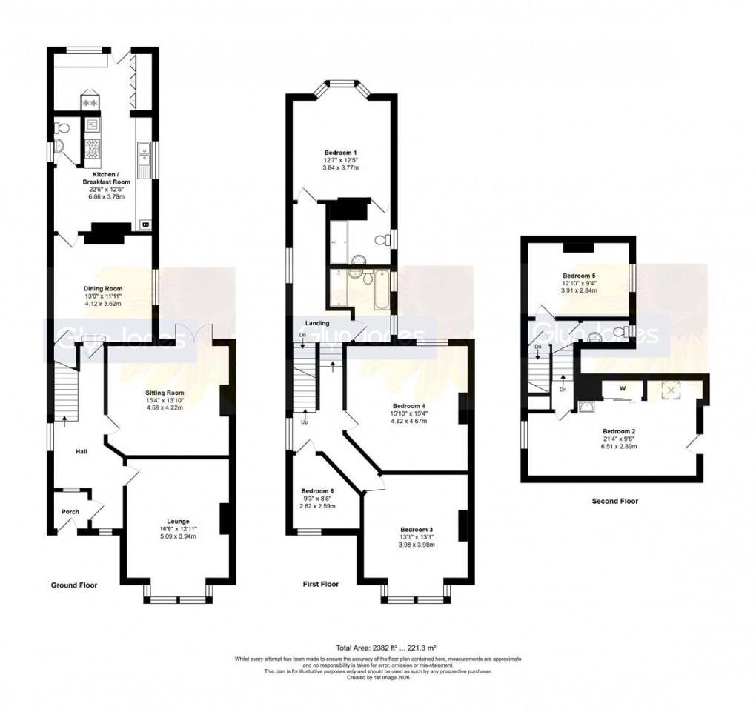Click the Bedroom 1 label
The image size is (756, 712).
tap(340, 152)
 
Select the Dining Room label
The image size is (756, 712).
tap(102, 288)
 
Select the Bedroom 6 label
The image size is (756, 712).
tap(317, 490)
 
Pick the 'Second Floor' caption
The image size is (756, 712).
tap(614, 501)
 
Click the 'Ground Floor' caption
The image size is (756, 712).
tap(73, 585)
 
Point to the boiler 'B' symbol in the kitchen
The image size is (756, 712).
tap(145, 224)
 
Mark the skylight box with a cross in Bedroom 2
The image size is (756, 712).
tap(672, 390)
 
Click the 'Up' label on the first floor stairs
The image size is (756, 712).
tap(303, 422)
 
